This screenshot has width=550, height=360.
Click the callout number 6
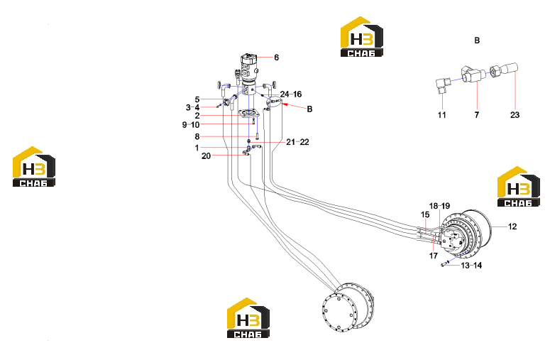pos(276,58)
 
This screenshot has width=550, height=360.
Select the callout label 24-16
pos(291,94)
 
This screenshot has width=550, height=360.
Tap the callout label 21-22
pos(297,142)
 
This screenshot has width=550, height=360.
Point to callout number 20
pos(206,156)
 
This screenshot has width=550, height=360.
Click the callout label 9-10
pos(191,124)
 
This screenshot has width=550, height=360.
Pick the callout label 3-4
pos(192,107)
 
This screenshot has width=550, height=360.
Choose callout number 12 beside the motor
pos(512,227)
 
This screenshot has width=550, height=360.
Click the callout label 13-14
pos(471,266)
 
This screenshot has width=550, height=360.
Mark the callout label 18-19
pos(439,206)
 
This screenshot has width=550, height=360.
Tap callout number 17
pos(434,256)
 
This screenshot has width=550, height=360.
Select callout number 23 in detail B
pos(515,115)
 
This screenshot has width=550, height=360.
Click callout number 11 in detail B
pos(441,115)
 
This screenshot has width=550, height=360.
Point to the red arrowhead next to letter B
pos(285,104)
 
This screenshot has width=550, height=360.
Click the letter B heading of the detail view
pos(477,40)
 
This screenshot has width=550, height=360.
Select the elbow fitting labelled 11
pos(442,85)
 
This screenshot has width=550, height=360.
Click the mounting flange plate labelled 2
pos(248,114)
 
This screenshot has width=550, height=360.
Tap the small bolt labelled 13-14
pos(444,264)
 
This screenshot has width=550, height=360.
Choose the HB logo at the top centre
pos(362,36)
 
